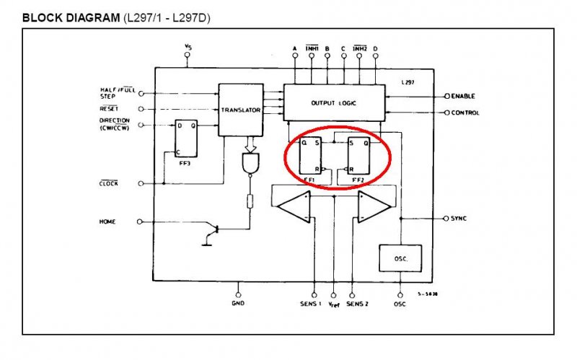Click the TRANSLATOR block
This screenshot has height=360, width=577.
[241, 110]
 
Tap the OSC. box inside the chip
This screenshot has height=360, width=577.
[400, 258]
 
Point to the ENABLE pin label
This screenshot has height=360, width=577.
[463, 96]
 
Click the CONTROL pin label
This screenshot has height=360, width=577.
[465, 113]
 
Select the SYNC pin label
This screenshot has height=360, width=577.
[459, 218]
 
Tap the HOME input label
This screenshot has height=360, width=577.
[107, 221]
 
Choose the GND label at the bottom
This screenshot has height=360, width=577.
[238, 303]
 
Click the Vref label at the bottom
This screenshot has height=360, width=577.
[334, 304]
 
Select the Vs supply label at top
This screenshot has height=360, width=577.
[188, 48]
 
